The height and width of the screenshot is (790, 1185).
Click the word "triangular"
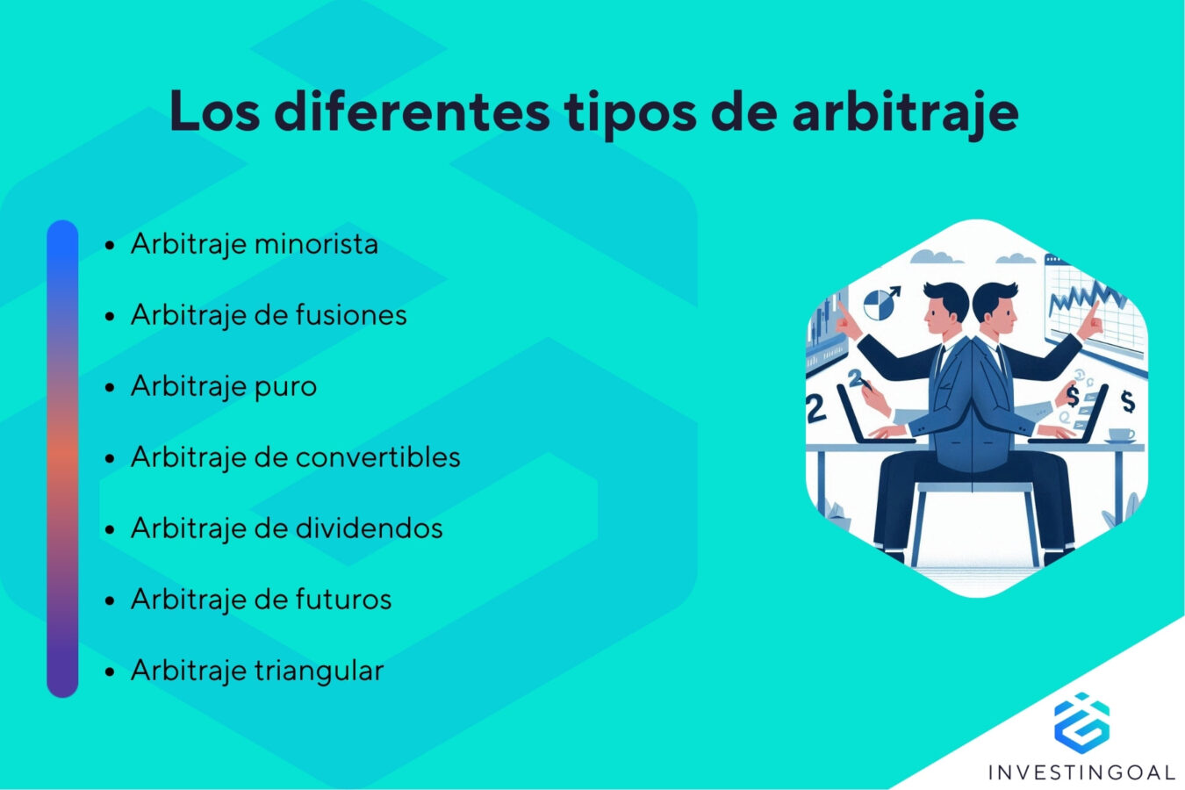click(x=320, y=670)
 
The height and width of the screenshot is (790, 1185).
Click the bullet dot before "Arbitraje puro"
click(x=110, y=387)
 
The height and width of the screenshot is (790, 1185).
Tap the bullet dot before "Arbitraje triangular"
click(x=110, y=671)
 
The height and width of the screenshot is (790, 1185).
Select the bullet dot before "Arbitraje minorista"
click(x=110, y=245)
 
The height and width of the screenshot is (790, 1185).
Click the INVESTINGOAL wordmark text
click(x=1081, y=772)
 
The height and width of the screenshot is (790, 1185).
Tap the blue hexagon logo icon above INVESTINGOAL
click(x=1081, y=722)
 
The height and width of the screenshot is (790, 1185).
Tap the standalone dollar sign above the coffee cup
click(x=1128, y=402)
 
